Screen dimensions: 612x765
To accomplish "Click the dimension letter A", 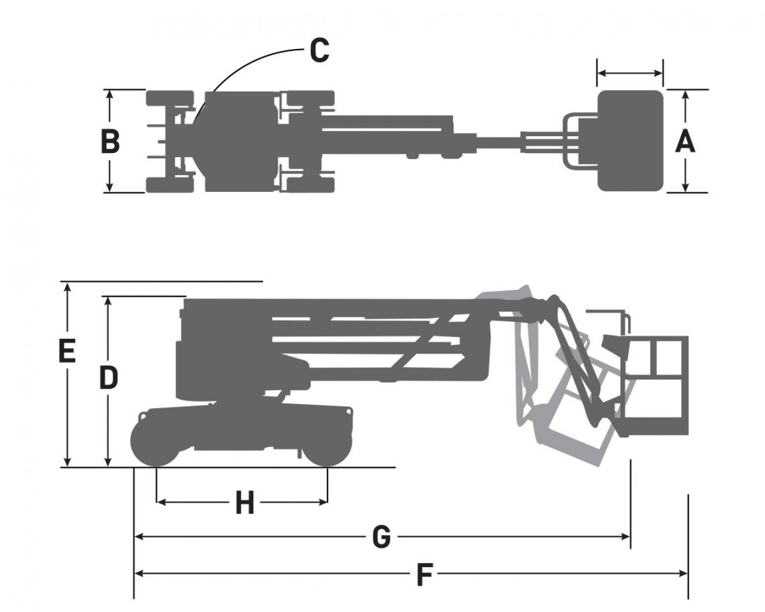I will click(684, 142).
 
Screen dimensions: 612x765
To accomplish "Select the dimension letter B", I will click(110, 142).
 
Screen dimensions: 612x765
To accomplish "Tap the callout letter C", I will click(319, 51).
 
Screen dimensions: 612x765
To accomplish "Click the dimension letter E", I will click(66, 352).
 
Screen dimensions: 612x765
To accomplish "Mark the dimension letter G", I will click(381, 537).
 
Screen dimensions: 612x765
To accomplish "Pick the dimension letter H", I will click(245, 502).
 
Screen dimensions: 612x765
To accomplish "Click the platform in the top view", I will click(630, 141).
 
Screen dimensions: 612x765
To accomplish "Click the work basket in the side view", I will click(655, 386).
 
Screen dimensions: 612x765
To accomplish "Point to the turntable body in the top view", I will click(240, 141).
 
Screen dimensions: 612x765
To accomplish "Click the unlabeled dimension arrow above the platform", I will click(630, 72).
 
